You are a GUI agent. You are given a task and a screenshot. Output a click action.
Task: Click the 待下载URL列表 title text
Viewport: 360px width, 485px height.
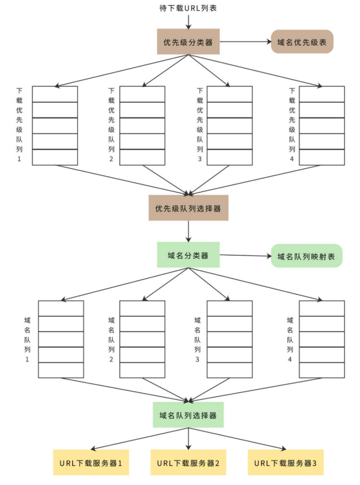(x=188, y=9)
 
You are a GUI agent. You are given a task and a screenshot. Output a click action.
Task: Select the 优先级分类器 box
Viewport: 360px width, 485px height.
(x=188, y=41)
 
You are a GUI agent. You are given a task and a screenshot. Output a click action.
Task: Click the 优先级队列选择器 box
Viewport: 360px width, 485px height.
(x=188, y=208)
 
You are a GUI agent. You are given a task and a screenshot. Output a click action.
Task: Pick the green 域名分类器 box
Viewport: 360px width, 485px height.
(x=188, y=255)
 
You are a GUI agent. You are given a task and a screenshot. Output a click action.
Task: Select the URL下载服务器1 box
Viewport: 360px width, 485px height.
(x=91, y=463)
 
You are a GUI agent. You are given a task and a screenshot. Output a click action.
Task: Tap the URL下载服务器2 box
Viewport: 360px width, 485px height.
(x=188, y=463)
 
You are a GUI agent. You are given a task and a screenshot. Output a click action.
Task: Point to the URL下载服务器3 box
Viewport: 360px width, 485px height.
(x=286, y=463)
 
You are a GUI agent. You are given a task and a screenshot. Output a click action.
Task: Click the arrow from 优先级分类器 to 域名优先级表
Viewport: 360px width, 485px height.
(x=245, y=41)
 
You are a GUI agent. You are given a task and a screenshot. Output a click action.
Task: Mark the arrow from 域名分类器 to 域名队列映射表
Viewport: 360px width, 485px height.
(x=245, y=256)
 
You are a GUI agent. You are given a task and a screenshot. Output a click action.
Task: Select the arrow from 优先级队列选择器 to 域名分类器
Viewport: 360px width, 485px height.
(x=188, y=231)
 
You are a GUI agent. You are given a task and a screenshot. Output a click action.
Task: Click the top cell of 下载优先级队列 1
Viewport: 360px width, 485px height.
(x=55, y=94)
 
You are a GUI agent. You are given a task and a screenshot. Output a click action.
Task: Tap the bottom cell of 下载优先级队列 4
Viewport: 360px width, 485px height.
(x=322, y=157)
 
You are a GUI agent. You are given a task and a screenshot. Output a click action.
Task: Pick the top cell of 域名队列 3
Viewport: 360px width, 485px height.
(x=229, y=308)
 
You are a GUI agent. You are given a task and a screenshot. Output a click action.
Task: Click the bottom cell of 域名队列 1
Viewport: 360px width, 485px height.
(x=61, y=370)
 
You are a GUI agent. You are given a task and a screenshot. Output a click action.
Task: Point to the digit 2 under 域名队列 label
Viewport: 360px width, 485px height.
(x=111, y=360)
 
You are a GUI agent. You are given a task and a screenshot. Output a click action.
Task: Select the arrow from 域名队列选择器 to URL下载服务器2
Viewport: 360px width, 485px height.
(x=188, y=437)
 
